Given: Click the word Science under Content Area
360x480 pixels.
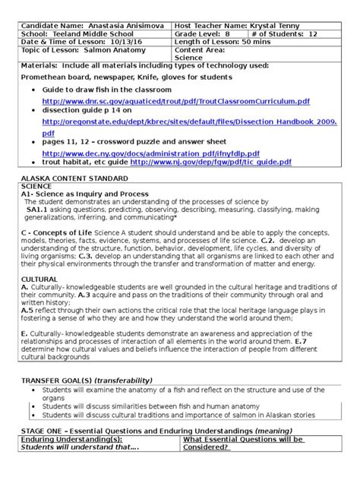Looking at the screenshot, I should tap(189, 57).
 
